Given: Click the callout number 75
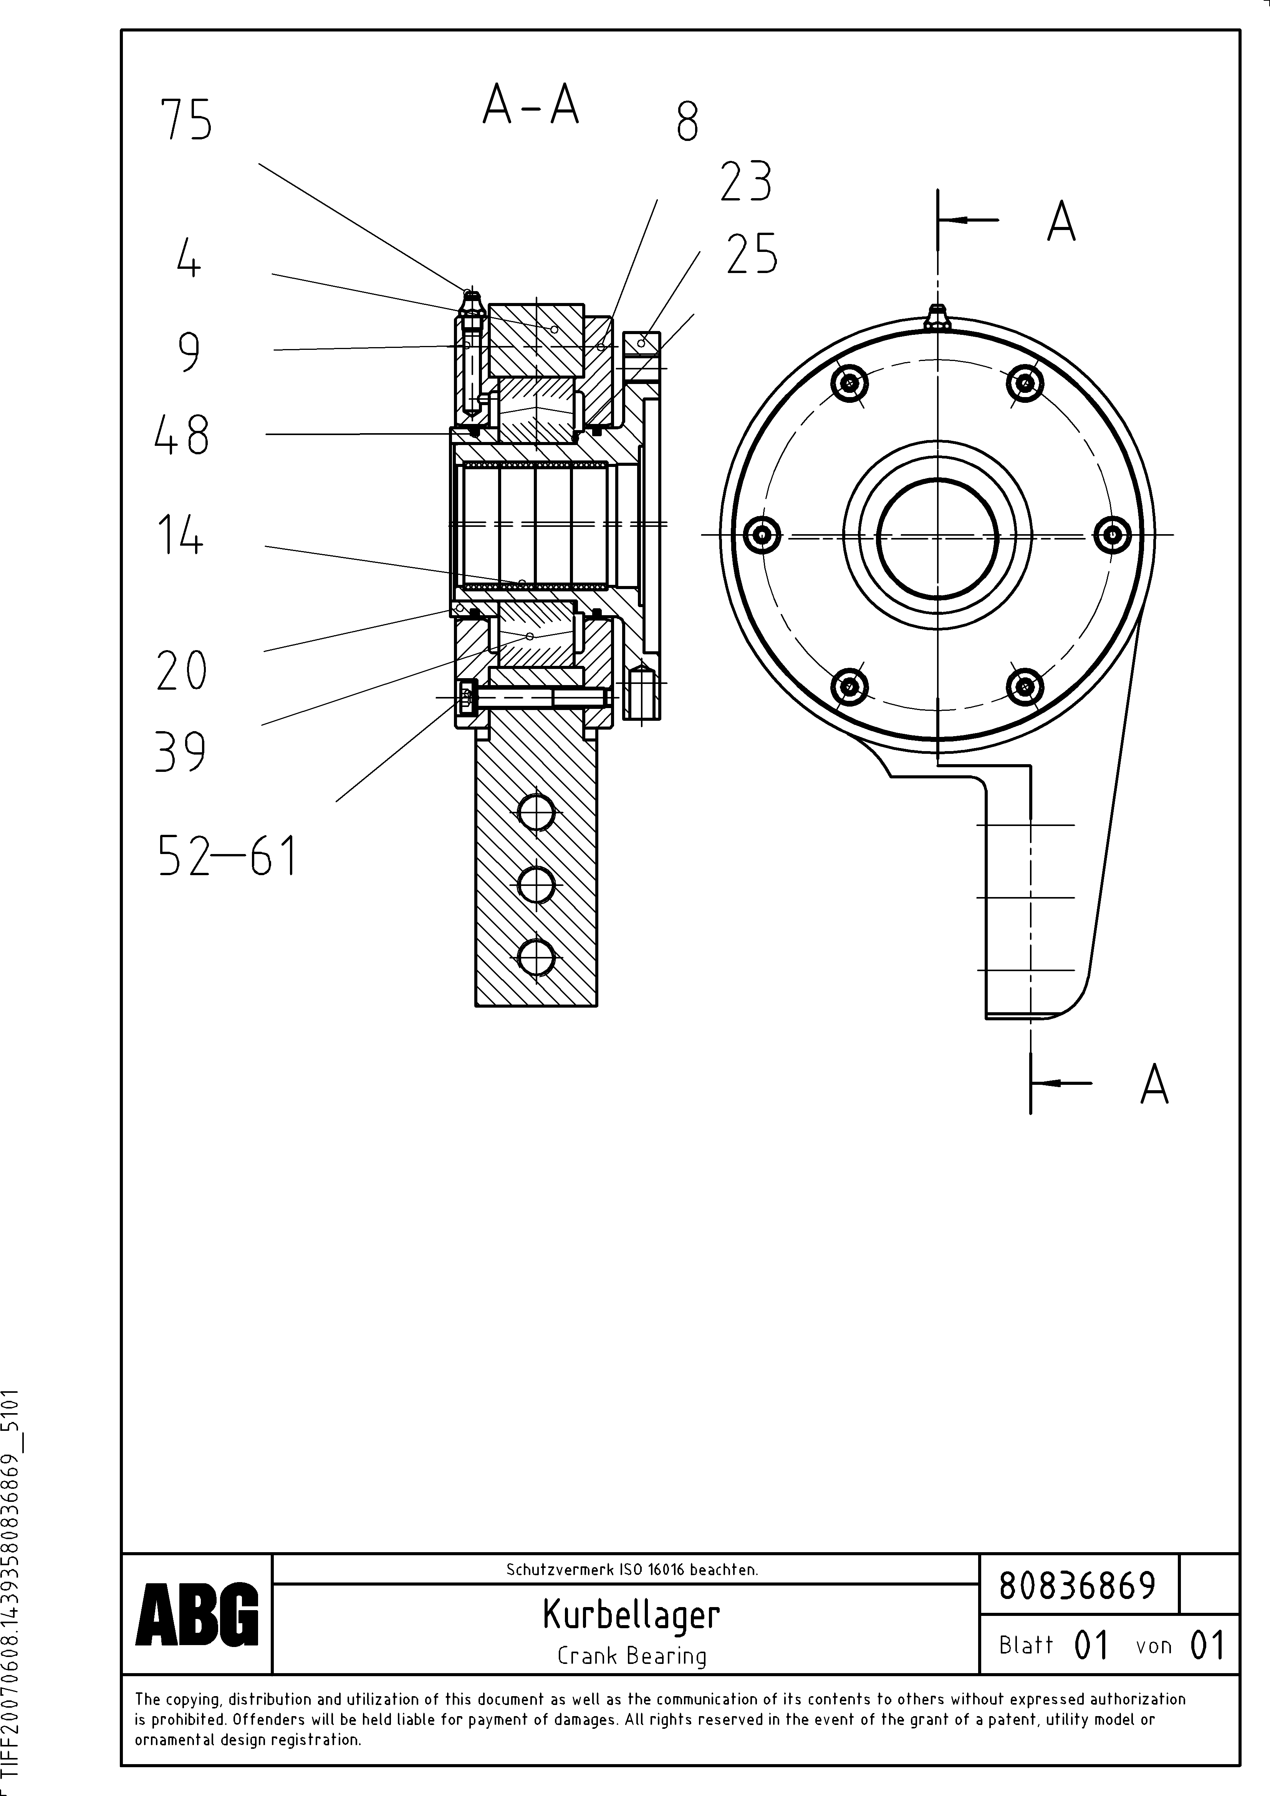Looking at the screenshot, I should tap(186, 121).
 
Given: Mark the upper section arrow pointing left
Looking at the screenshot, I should tap(970, 220).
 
